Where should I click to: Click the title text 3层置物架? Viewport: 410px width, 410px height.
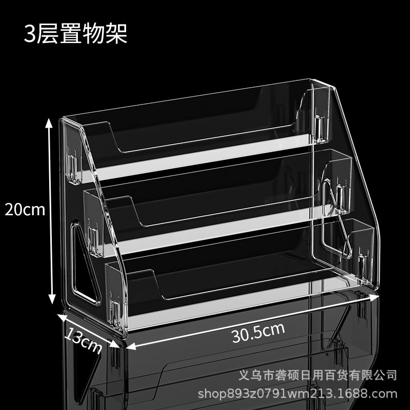pos(75,33)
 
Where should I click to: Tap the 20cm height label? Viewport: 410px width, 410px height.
pos(25,210)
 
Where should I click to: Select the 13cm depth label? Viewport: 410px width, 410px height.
pos(83,340)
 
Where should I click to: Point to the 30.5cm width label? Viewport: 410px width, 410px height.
pos(258,332)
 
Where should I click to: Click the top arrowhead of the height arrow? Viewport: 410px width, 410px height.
pos(49,123)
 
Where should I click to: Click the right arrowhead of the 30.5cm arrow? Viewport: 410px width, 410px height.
pos(375,297)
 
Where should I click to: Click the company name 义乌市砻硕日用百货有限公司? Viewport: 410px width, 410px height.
pos(317,376)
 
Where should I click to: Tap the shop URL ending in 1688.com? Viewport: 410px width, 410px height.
pos(298,394)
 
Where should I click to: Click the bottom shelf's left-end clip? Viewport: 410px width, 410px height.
pos(115,312)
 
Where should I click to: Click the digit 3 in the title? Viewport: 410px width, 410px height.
pos(30,34)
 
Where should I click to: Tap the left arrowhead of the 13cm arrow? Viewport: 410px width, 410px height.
pos(62,317)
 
